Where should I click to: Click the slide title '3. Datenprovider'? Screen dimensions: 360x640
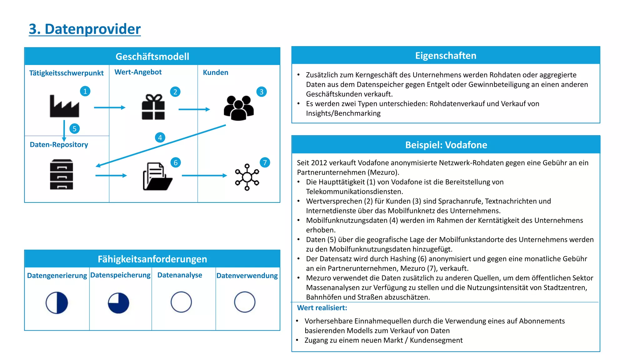(85, 29)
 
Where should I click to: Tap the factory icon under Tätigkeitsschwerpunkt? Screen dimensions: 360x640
(64, 106)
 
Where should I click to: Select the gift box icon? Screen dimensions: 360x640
(153, 107)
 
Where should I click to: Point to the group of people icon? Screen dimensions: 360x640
(239, 108)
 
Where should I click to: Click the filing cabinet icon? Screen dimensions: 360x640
(62, 174)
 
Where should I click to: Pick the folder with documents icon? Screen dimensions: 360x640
(157, 177)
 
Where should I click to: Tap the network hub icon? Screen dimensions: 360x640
(247, 177)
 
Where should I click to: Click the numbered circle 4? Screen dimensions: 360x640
(160, 137)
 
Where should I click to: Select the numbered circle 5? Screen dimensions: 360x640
(74, 129)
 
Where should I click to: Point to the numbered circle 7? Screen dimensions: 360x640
(265, 162)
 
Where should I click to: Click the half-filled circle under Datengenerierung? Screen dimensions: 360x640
(57, 302)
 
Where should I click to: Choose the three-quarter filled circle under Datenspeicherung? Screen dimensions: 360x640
(118, 303)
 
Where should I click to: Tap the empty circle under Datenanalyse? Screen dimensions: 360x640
(181, 302)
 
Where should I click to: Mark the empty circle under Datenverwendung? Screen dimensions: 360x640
(245, 302)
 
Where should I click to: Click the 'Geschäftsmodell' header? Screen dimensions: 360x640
(152, 57)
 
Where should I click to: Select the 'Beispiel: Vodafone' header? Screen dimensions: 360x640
(446, 145)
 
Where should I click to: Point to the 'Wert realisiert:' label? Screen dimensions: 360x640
(322, 308)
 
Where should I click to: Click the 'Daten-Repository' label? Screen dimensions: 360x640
(59, 145)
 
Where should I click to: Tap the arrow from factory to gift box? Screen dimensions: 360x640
(109, 107)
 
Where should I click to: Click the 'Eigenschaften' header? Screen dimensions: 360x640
(446, 56)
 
